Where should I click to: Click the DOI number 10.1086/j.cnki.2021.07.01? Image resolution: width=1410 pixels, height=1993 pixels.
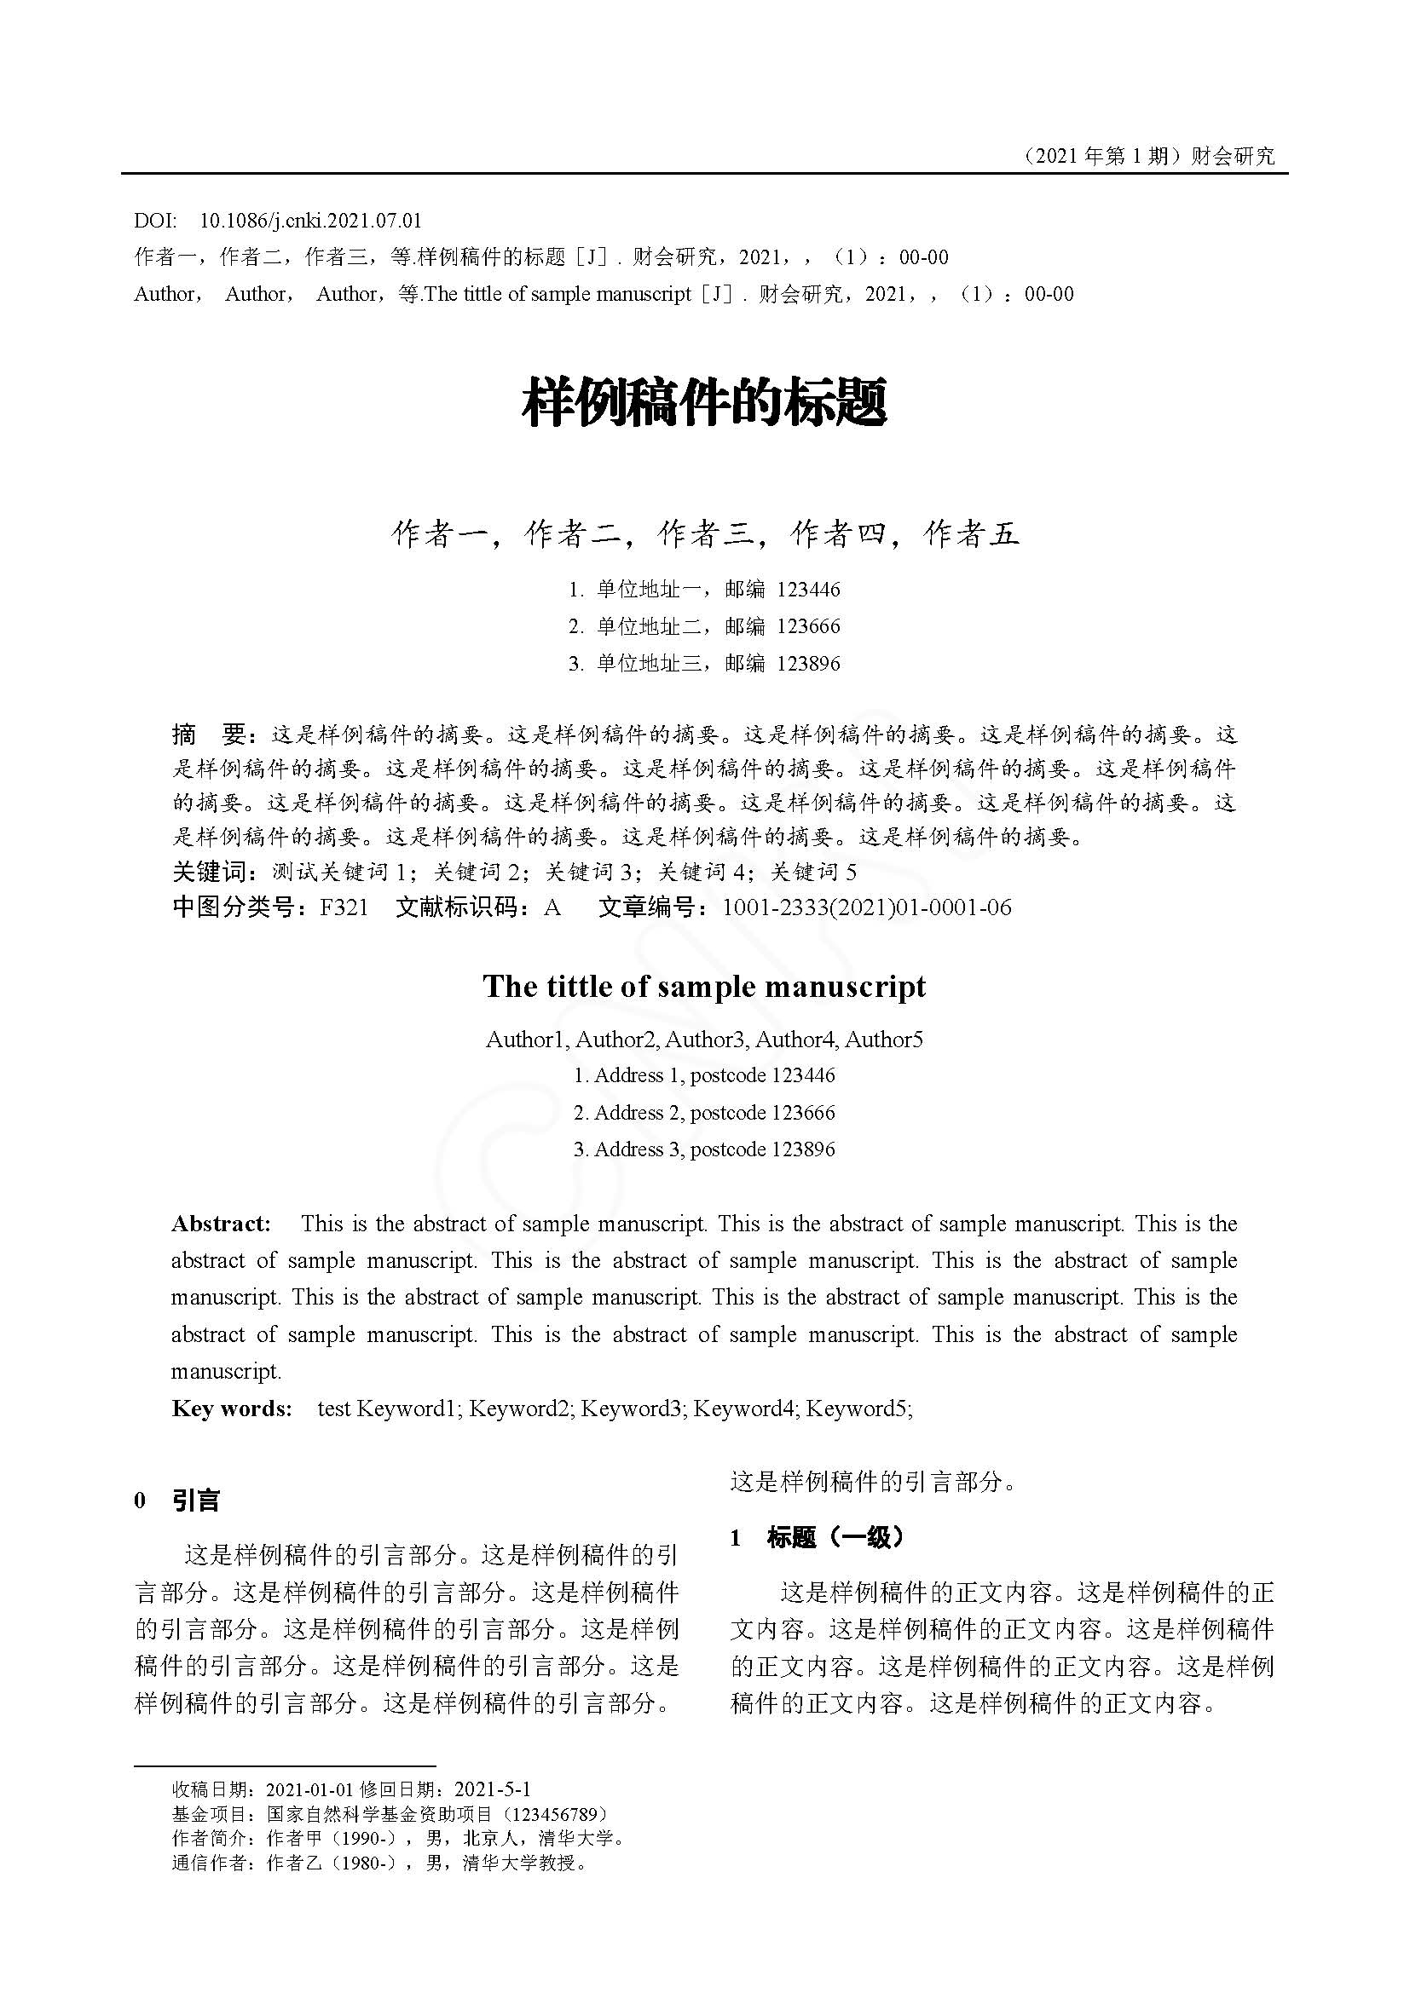tap(310, 221)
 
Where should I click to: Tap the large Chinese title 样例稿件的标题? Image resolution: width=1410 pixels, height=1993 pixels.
tap(704, 403)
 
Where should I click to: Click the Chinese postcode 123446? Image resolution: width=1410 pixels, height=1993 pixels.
tap(808, 590)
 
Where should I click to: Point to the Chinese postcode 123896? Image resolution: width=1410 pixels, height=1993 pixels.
tap(808, 664)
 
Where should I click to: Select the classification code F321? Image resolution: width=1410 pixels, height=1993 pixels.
tap(344, 908)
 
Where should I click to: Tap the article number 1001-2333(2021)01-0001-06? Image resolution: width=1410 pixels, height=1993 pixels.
tap(866, 908)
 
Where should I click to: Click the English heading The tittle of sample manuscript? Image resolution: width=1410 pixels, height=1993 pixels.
tap(704, 987)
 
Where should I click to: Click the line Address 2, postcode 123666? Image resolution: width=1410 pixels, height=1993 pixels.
tap(704, 1113)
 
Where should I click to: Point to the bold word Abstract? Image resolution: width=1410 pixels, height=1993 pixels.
tap(221, 1224)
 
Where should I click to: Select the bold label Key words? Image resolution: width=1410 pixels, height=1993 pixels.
tap(231, 1408)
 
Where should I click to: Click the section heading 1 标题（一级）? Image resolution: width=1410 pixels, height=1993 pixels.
tap(818, 1538)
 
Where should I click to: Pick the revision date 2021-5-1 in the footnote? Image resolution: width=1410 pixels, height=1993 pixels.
tap(492, 1789)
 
